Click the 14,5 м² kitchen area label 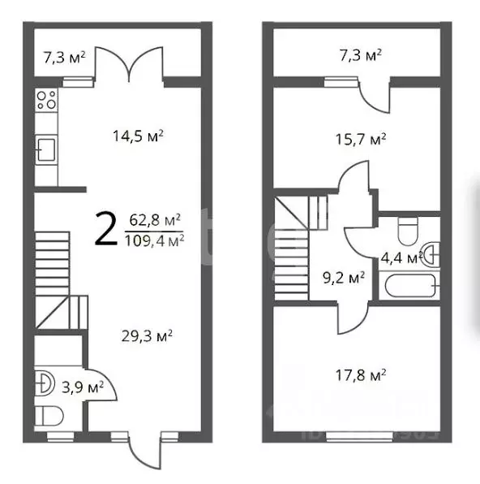[x=138, y=136]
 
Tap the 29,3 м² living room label [x=147, y=336]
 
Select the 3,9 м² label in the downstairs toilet [x=83, y=387]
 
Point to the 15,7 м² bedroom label [x=360, y=139]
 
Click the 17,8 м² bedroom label [x=360, y=375]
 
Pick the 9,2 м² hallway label [x=344, y=278]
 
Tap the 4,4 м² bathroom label [x=401, y=258]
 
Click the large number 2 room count [x=106, y=229]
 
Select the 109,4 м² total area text [x=154, y=240]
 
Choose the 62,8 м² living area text [x=155, y=220]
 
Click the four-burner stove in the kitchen [x=46, y=100]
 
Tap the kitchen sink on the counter [x=46, y=150]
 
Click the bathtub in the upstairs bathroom [x=409, y=286]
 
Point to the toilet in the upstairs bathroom [x=408, y=231]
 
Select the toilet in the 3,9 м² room [x=49, y=416]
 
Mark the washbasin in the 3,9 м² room [x=45, y=384]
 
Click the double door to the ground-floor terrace [x=129, y=64]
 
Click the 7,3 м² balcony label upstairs [x=360, y=56]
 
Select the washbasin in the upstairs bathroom [x=431, y=255]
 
